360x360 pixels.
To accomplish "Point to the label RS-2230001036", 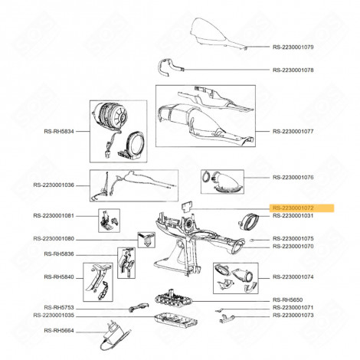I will click(54, 185).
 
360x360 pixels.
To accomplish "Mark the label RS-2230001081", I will click(54, 215).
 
